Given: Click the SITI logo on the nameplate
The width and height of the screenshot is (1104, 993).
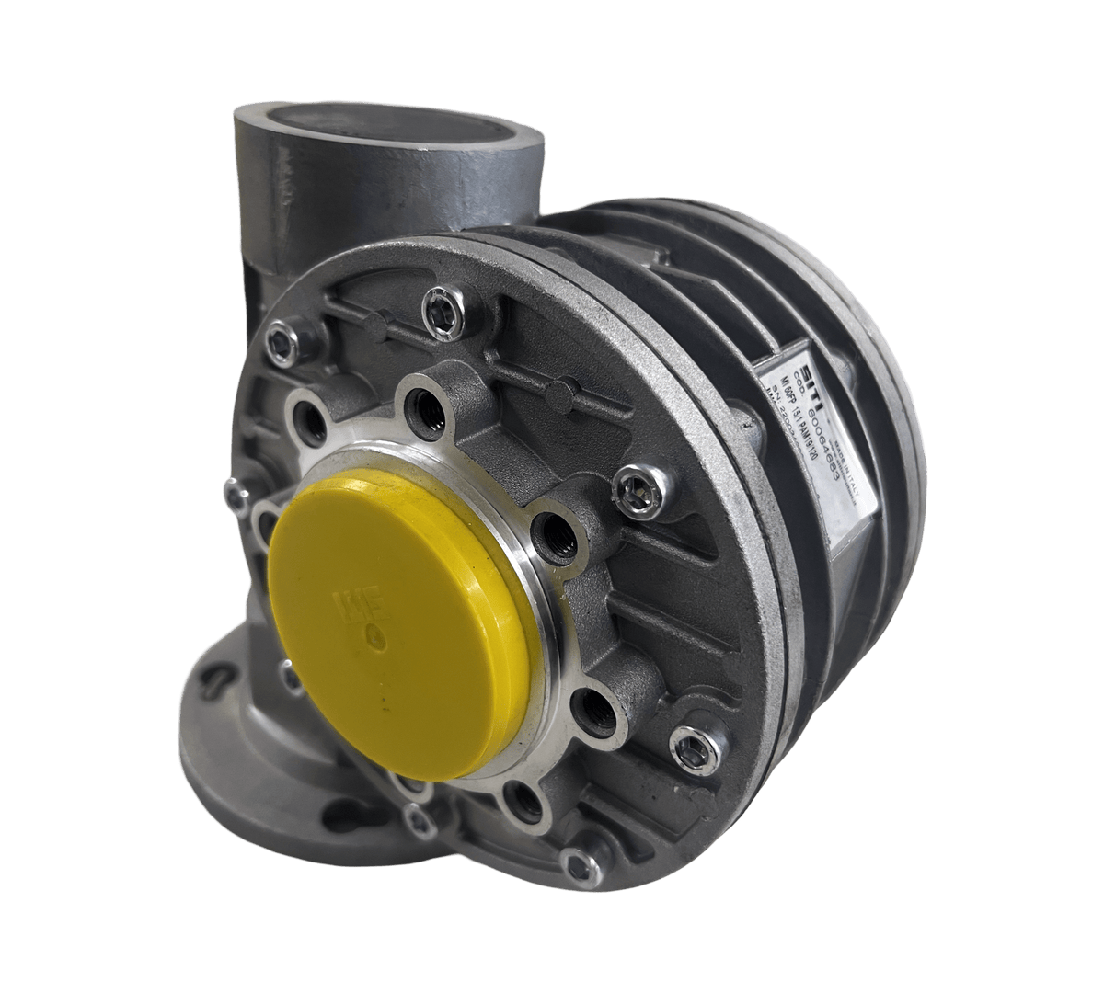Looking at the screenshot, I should (779, 373).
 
